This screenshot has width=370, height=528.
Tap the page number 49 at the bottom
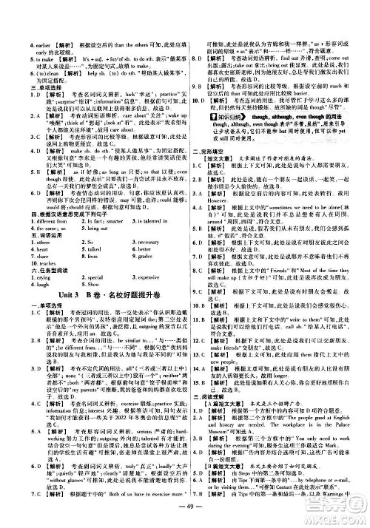point(185,515)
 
